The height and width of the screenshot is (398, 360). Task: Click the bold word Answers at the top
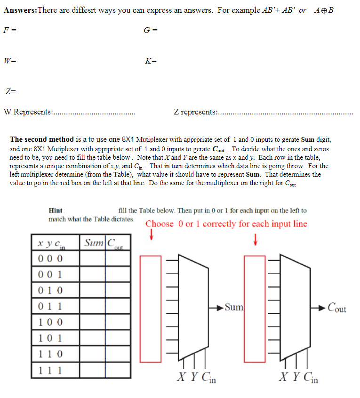tap(19, 10)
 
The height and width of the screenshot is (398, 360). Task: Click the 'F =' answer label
tap(10, 31)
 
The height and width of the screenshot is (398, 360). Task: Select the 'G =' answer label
tap(151, 31)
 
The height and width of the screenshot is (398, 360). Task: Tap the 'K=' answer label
tap(151, 61)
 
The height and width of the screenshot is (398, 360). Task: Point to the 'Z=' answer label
tap(10, 91)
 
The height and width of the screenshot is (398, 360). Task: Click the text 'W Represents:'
tap(28, 112)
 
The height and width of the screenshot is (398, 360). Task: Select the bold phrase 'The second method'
tap(42, 139)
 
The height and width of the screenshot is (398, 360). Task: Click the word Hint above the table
tap(56, 211)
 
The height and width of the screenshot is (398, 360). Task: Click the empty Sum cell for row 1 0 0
tap(92, 322)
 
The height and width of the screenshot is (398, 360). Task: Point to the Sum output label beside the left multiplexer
tap(234, 308)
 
